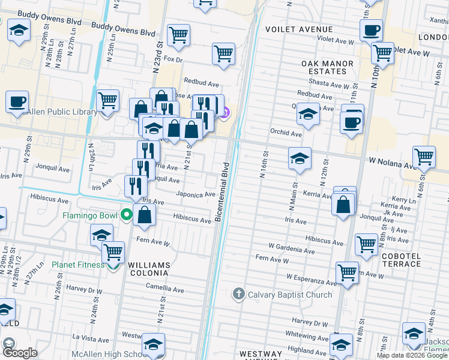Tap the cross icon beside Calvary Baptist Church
(x=238, y=294)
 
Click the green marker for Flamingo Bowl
(x=126, y=214)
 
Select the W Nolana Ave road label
(x=392, y=163)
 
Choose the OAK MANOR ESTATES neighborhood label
(x=324, y=67)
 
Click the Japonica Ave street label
(x=196, y=194)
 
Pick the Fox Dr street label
(x=172, y=59)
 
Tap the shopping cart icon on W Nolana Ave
(x=424, y=157)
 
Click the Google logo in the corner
(x=20, y=353)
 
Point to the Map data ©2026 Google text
(x=412, y=355)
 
